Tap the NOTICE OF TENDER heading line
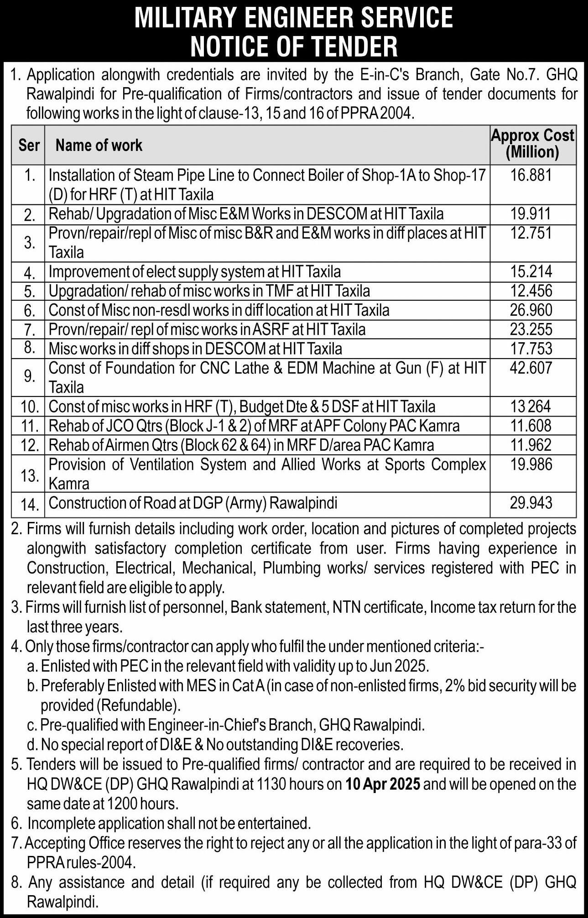pos(294,46)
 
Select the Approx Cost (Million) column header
pos(532,144)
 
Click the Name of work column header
pos(99,146)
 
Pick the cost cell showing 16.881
pos(531,175)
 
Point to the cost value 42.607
pos(531,368)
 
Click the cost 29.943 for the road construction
pos(531,503)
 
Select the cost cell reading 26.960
pos(531,310)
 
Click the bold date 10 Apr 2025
pos(383,784)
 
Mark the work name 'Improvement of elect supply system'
pos(194,272)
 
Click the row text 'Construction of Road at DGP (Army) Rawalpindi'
pos(193,503)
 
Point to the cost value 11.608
pos(531,426)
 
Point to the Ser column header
pos(29,146)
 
